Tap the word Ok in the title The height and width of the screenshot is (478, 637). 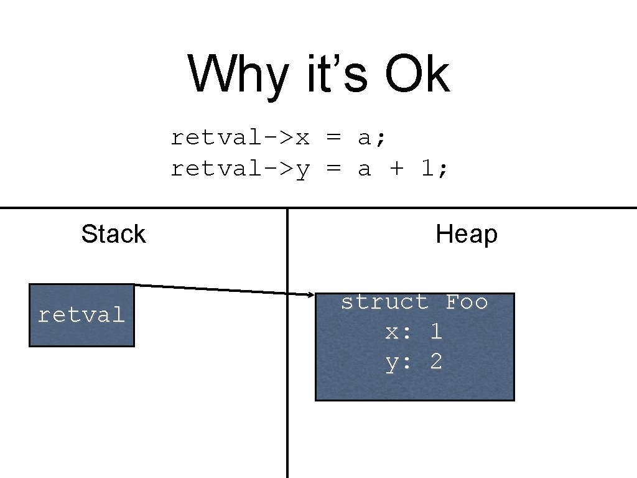pyautogui.click(x=416, y=74)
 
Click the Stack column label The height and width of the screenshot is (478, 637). pyautogui.click(x=113, y=234)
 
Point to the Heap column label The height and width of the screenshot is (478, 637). pyautogui.click(x=467, y=234)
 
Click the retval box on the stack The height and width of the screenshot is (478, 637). pyautogui.click(x=81, y=315)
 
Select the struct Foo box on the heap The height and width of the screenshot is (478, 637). pyautogui.click(x=415, y=373)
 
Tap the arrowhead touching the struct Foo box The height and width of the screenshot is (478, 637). pyautogui.click(x=311, y=294)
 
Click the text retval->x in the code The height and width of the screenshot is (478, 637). pyautogui.click(x=240, y=137)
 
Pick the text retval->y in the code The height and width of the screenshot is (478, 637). pyautogui.click(x=240, y=168)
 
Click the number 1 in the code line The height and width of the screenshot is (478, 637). pyautogui.click(x=427, y=168)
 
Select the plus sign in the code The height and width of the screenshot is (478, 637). pyautogui.click(x=396, y=168)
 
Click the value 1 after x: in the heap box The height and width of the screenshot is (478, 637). pyautogui.click(x=436, y=332)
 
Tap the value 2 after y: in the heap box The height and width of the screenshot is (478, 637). pyautogui.click(x=436, y=362)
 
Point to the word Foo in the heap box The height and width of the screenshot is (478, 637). pyautogui.click(x=467, y=302)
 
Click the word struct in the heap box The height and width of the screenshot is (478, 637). pyautogui.click(x=385, y=302)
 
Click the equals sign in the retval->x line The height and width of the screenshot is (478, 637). pyautogui.click(x=333, y=137)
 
